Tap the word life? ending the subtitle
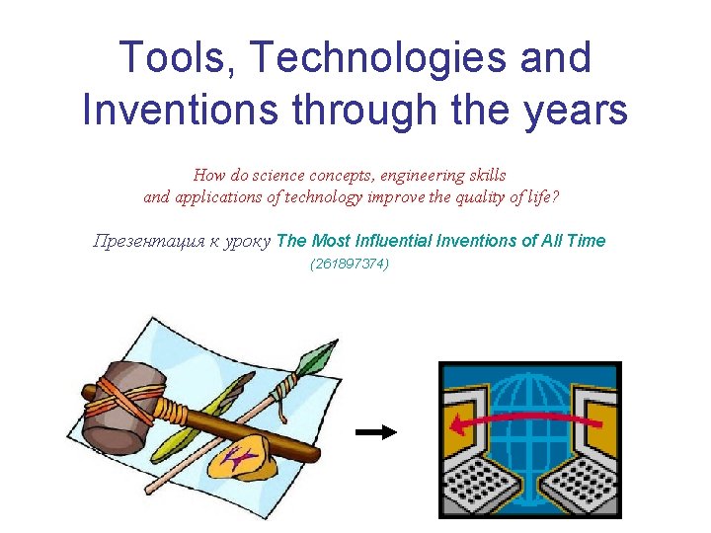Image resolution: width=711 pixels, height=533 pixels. click(x=540, y=196)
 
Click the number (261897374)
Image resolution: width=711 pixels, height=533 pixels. click(x=349, y=264)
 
